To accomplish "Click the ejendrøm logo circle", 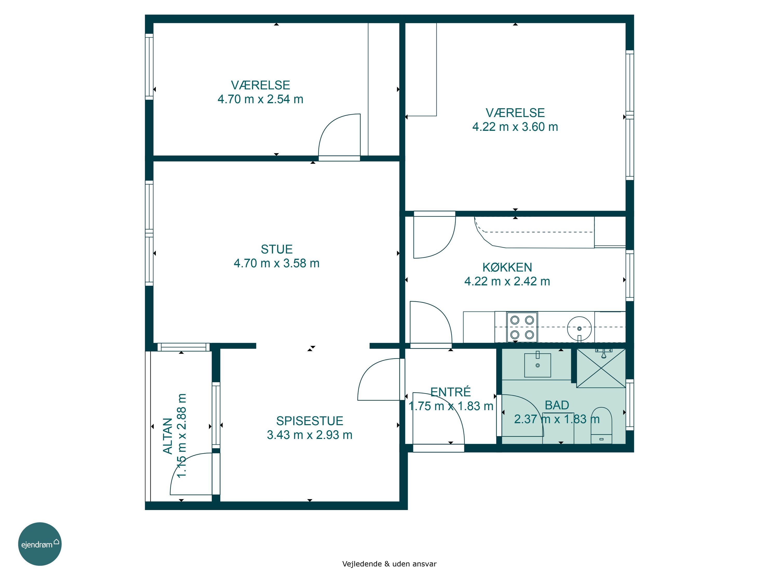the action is pyautogui.click(x=40, y=544).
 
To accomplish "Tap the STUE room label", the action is pyautogui.click(x=277, y=249).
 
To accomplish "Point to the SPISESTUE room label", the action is pyautogui.click(x=310, y=421).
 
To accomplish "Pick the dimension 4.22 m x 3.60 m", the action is pyautogui.click(x=515, y=127).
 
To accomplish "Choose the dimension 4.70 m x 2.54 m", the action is pyautogui.click(x=260, y=99).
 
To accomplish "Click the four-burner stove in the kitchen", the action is pyautogui.click(x=522, y=327).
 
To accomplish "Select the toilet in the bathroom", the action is pyautogui.click(x=601, y=425).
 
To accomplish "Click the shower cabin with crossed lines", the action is pyautogui.click(x=601, y=368).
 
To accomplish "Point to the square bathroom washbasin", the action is pyautogui.click(x=538, y=365).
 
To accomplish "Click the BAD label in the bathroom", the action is pyautogui.click(x=557, y=405).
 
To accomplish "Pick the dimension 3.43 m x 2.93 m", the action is pyautogui.click(x=310, y=435).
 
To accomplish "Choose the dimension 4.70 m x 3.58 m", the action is pyautogui.click(x=277, y=263).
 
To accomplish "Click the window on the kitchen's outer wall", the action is pyautogui.click(x=630, y=275).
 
